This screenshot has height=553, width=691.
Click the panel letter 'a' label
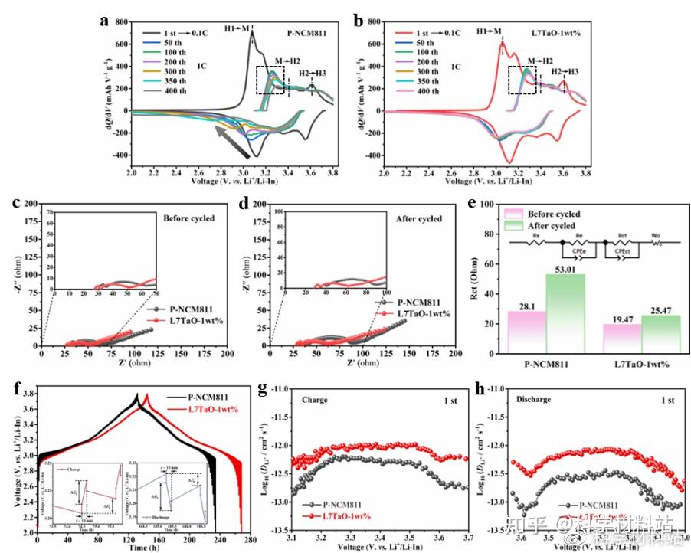tap(104, 21)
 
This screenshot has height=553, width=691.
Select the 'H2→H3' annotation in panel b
tap(563, 72)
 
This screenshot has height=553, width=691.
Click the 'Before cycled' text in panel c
tap(188, 219)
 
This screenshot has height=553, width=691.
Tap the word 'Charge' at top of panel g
tap(314, 400)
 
